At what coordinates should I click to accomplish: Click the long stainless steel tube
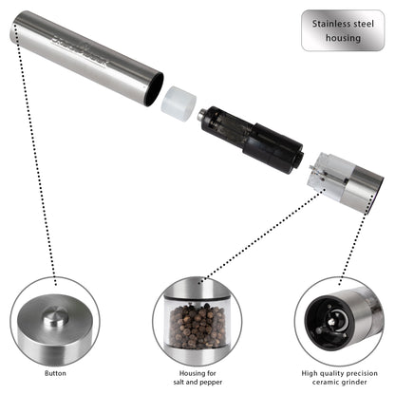tap(85, 58)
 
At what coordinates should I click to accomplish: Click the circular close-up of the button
tap(54, 320)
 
